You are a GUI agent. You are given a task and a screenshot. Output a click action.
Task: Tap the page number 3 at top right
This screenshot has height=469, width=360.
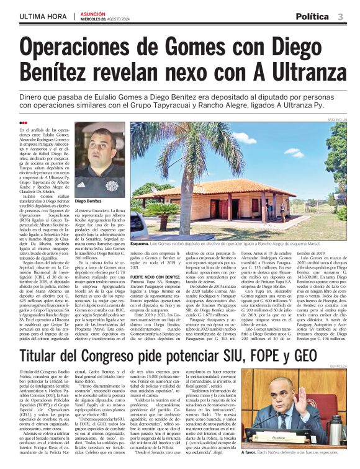[341, 16]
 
